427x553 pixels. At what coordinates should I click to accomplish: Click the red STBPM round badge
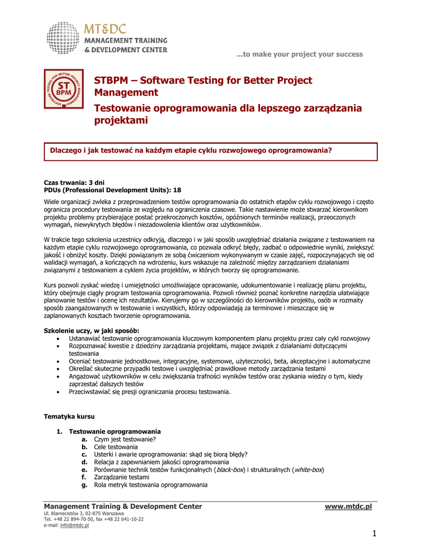[64, 89]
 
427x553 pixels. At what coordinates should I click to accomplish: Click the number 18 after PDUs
[177, 190]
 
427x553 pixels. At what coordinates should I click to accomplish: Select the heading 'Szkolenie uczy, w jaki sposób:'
[91, 331]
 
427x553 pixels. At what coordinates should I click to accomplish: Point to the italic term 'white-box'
[308, 470]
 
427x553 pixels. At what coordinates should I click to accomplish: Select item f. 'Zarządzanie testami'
[121, 477]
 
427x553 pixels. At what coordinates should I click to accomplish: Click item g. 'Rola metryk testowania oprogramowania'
[151, 485]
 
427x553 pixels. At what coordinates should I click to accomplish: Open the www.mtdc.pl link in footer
[348, 506]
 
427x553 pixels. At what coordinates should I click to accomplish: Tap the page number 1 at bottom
[374, 534]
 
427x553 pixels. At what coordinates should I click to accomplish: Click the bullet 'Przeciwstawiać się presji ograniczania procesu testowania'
[150, 392]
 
